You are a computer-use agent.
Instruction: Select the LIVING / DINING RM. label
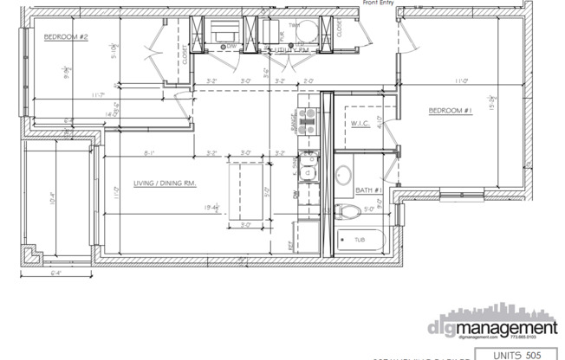pos(163,183)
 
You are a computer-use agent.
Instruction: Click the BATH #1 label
pos(368,189)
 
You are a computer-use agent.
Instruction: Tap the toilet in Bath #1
pos(350,211)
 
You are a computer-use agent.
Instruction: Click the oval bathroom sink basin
pos(341,171)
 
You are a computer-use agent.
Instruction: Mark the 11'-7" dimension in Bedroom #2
pos(97,94)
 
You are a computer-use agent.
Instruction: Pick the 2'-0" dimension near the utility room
pos(308,82)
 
